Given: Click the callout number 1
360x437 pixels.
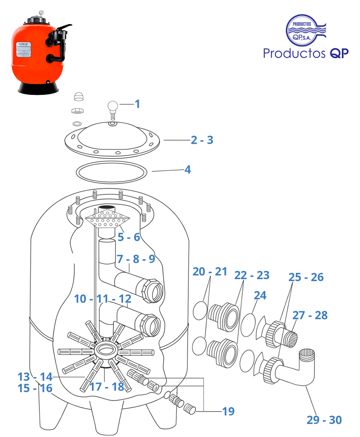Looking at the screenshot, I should coord(137,104).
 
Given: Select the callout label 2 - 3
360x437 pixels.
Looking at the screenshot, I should coord(202,140).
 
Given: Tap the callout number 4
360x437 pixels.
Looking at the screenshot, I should coord(187,169).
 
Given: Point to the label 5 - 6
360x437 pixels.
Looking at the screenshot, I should coord(129,237).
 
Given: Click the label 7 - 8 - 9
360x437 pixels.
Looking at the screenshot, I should coord(136,259).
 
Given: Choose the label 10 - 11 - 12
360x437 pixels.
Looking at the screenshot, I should coord(103,299).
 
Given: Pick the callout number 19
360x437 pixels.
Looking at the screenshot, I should coord(229,411).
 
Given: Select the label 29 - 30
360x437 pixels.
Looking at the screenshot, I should coord(324,420).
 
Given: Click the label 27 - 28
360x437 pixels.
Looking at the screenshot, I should coord(310,315).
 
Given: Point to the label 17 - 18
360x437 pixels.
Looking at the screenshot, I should coord(107,387).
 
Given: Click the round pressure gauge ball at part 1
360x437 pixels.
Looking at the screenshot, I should coord(113,105).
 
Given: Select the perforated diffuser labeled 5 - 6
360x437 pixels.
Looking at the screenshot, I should coord(109,220).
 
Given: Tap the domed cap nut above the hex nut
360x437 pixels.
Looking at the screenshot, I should coord(78,96).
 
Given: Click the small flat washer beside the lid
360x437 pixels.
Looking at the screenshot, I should coord(77,124).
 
